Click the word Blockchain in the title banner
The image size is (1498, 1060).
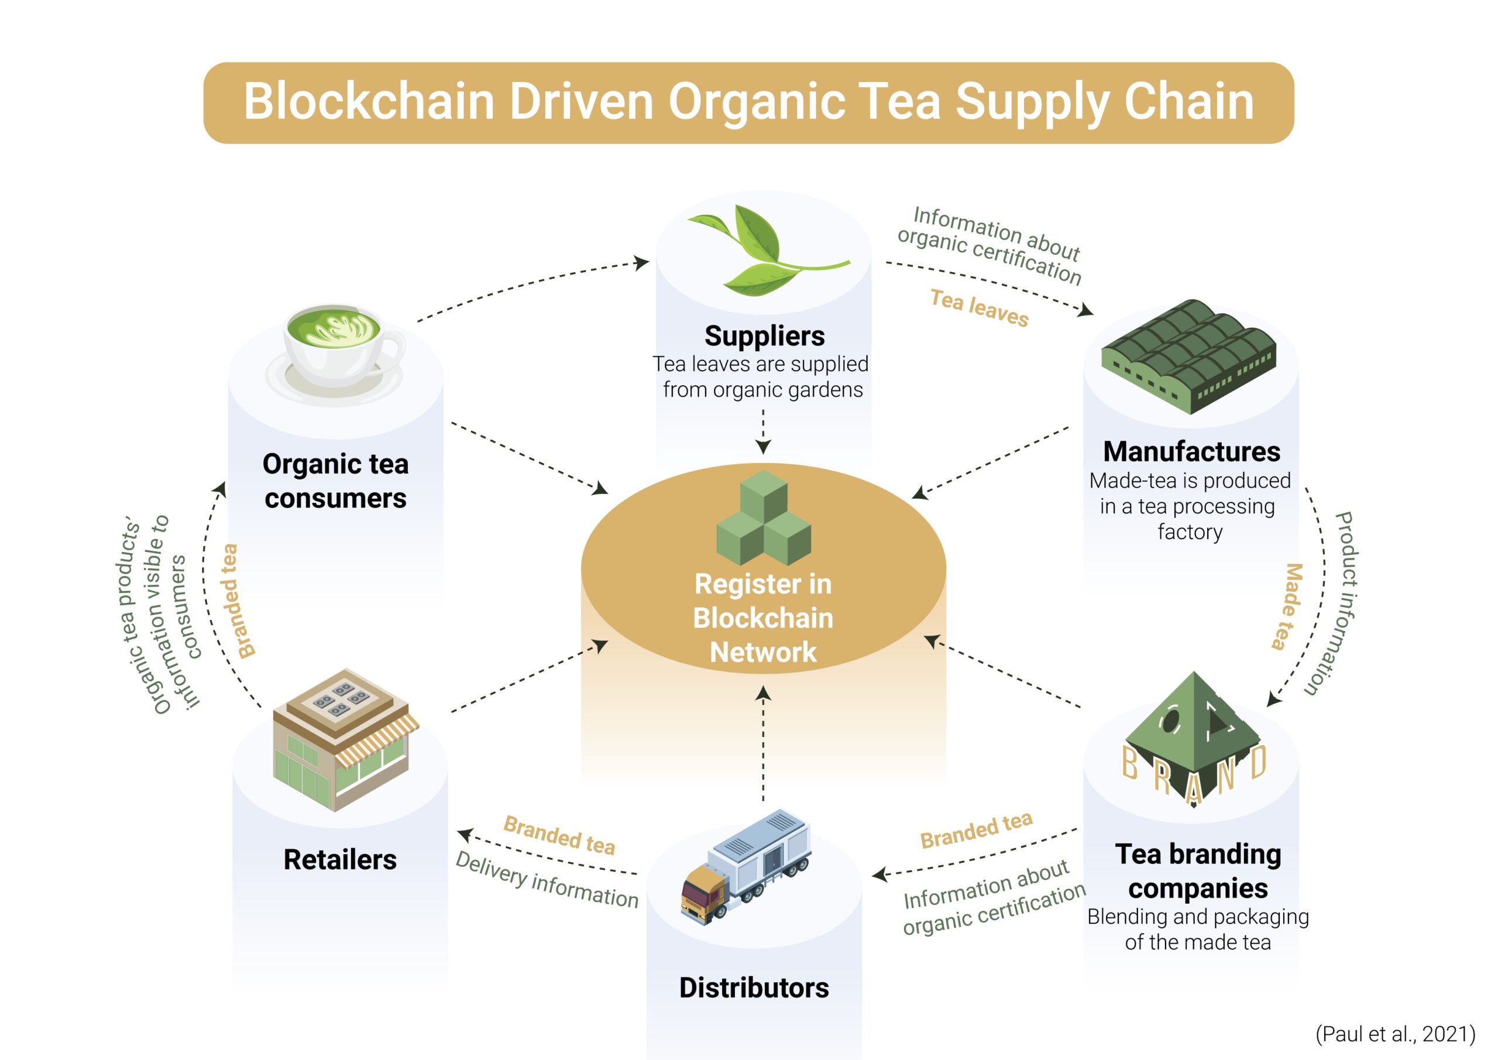[x=369, y=102]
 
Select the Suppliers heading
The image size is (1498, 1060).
[x=765, y=336]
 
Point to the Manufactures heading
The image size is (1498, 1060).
[x=1191, y=452]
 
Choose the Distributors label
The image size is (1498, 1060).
[x=754, y=988]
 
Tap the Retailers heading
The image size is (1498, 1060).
[x=340, y=860]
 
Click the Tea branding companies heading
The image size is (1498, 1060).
[x=1198, y=872]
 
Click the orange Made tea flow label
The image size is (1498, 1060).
[x=1288, y=606]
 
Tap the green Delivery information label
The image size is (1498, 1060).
[x=547, y=880]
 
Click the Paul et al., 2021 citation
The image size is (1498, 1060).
[x=1395, y=1034]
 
